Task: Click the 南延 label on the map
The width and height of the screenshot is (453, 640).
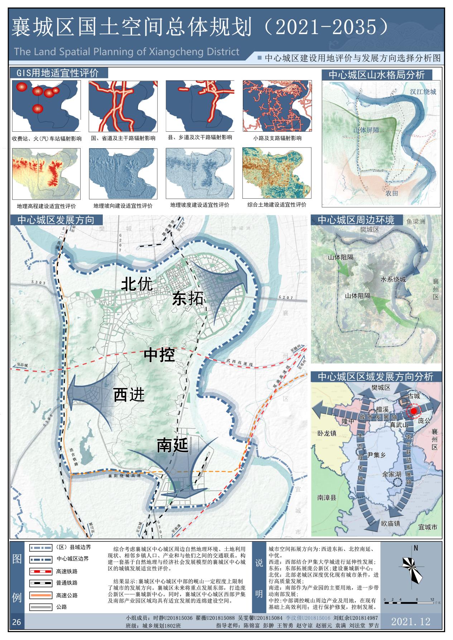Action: [172, 446]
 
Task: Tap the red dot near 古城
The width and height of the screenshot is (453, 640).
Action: [414, 411]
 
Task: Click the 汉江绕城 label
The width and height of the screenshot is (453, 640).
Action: [423, 92]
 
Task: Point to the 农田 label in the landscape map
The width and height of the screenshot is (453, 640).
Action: [391, 194]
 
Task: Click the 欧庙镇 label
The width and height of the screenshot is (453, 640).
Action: [390, 523]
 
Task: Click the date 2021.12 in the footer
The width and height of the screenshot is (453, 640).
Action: [411, 621]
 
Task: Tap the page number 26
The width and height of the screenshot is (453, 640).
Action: [16, 622]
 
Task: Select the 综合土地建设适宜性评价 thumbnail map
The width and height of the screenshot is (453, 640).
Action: [276, 173]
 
